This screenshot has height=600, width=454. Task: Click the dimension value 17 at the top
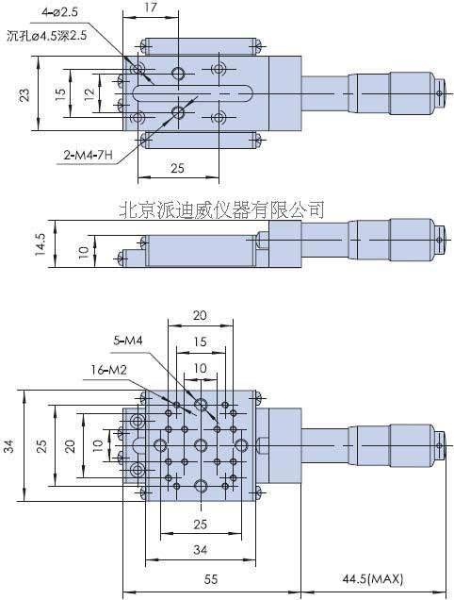point(151,8)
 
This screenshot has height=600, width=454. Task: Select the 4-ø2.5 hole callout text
point(59,12)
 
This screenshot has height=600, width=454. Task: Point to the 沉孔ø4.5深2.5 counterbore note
point(47,36)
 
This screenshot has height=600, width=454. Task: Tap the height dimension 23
point(24,94)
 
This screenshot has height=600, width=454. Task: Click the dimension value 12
point(89,94)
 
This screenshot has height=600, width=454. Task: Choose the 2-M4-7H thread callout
point(89,155)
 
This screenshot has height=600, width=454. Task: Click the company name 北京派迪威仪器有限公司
point(222,209)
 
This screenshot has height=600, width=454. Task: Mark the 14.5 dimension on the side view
point(41,244)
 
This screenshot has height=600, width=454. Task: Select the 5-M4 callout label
point(128,340)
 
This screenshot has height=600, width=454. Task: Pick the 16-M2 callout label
point(108,370)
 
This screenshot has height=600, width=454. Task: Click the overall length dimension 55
point(211,579)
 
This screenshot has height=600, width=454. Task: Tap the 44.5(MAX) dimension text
point(373,579)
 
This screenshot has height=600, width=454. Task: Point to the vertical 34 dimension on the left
point(8,446)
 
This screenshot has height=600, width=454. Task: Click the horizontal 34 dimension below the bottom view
point(201,550)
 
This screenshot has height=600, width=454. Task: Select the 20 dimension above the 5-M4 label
point(200,315)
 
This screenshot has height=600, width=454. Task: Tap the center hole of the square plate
point(201,445)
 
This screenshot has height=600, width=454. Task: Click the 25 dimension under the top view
point(178,168)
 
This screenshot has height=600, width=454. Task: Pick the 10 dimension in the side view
point(83,252)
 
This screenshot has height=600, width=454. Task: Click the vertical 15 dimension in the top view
point(60,94)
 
